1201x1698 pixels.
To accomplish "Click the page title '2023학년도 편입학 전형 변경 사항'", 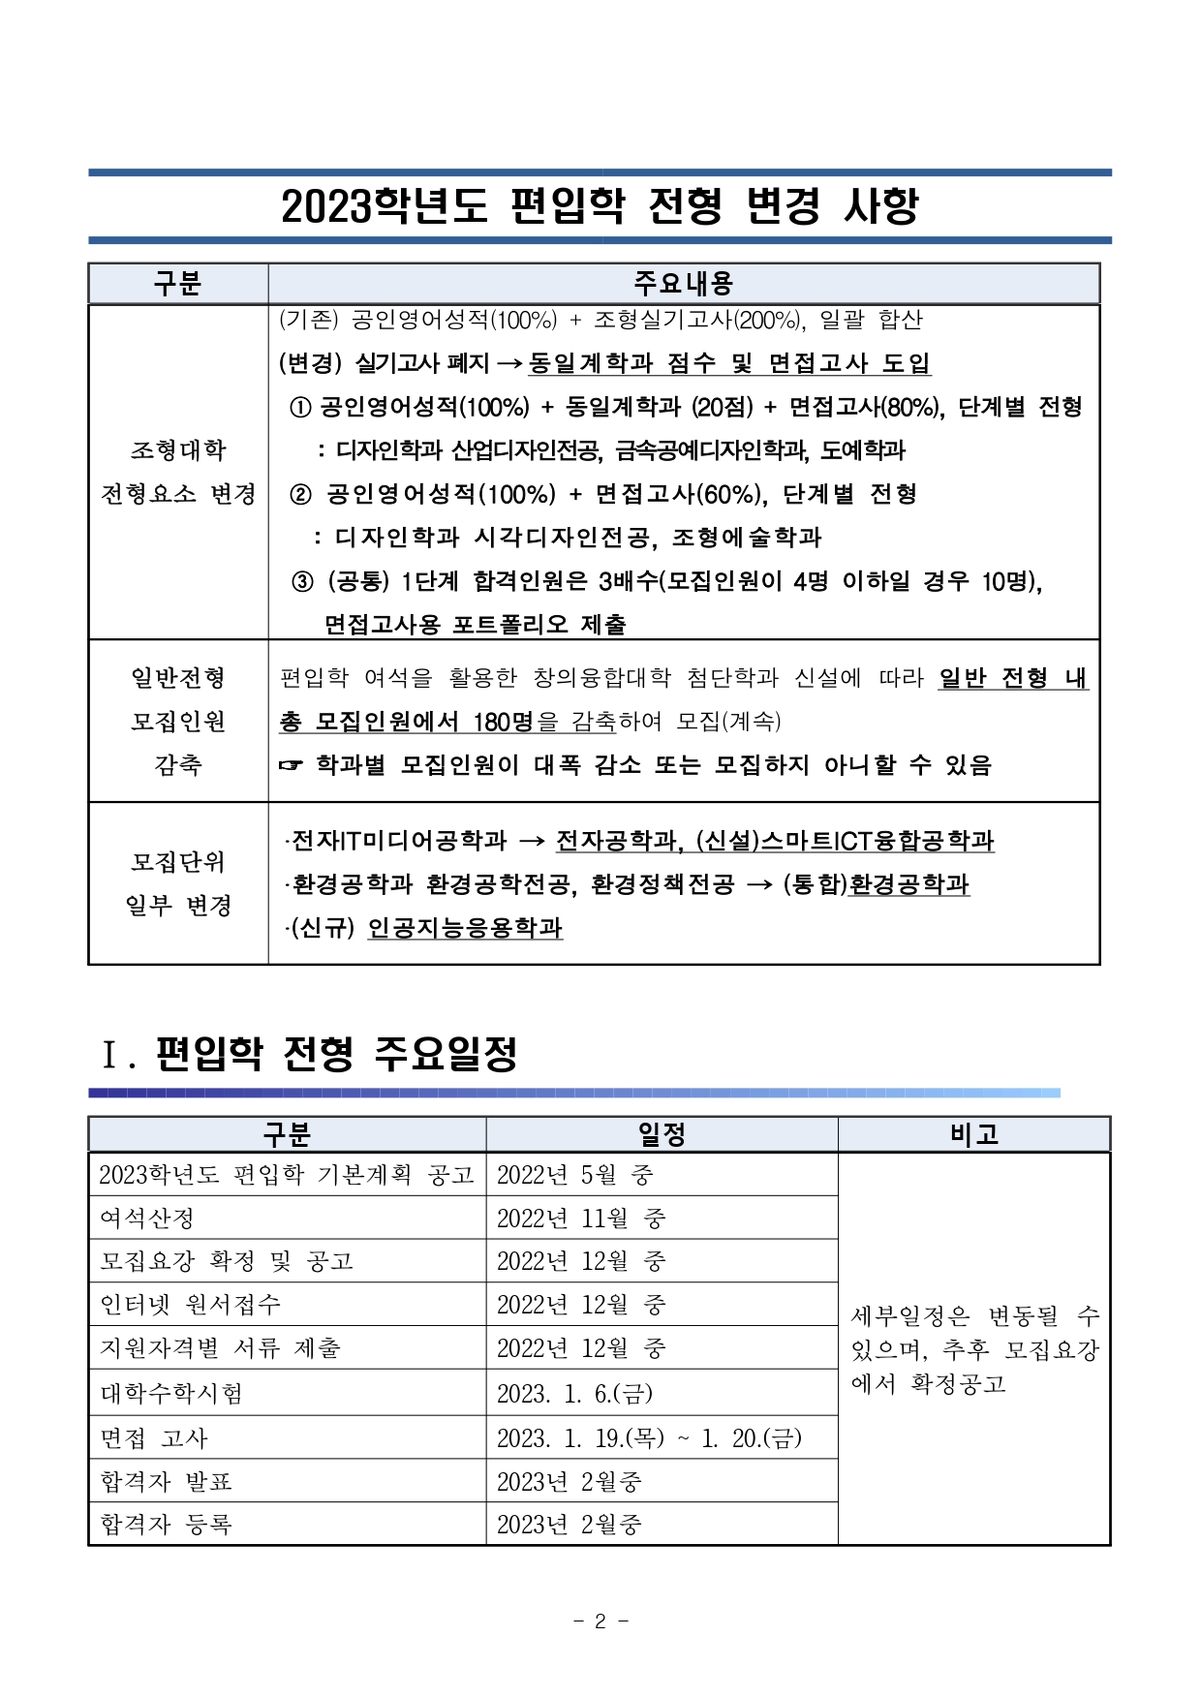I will click(x=600, y=205).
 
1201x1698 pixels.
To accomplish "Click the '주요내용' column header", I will click(x=683, y=283).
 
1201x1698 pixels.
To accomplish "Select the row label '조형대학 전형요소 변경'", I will click(x=178, y=472).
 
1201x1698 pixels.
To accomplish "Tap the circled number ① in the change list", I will click(x=300, y=407).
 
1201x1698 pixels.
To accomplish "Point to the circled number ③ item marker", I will click(x=302, y=581).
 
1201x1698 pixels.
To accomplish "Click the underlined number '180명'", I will click(x=503, y=722).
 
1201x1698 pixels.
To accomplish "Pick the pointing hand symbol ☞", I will click(x=291, y=765).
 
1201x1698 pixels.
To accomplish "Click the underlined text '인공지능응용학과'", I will click(x=465, y=928).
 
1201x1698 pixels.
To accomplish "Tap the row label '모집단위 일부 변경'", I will click(x=178, y=883).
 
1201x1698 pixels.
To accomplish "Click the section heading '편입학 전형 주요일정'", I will click(x=336, y=1054).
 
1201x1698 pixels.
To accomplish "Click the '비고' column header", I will click(x=973, y=1134).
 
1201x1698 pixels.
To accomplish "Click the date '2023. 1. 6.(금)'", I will click(x=575, y=1394).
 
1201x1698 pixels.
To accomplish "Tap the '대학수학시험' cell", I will click(x=171, y=1394).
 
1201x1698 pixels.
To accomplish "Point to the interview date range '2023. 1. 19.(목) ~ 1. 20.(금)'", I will click(x=649, y=1438).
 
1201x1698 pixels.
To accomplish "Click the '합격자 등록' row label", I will click(x=167, y=1525).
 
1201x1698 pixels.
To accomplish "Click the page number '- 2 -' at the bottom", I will click(x=600, y=1621).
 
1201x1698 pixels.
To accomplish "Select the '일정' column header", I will click(x=662, y=1134).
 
